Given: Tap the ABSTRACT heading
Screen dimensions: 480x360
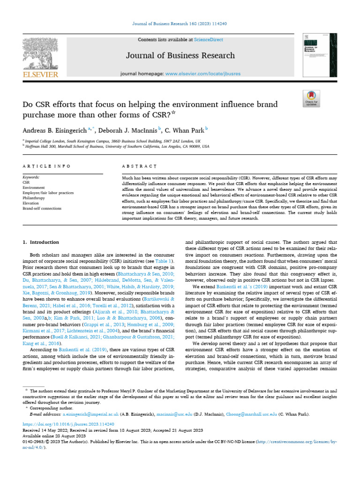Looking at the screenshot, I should coord(139,166).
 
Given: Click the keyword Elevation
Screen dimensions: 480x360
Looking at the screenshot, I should coord(31,203).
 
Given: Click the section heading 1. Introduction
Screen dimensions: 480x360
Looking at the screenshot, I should coord(41,242).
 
